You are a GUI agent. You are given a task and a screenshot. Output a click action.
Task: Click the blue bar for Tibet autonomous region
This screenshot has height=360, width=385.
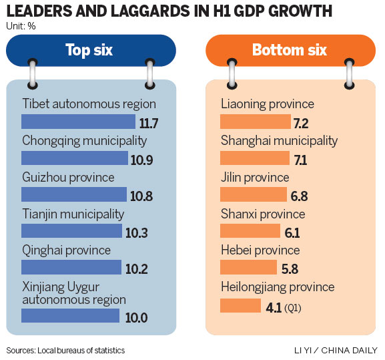click(x=78, y=121)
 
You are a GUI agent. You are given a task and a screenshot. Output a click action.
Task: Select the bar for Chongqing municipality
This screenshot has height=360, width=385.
click(x=74, y=158)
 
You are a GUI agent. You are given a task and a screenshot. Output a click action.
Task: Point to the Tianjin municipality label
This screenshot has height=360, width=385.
click(x=73, y=214)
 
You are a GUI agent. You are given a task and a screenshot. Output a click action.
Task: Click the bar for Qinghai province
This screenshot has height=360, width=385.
click(x=71, y=267)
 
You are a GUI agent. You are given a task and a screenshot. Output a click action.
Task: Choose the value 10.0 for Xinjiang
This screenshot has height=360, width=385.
click(x=136, y=318)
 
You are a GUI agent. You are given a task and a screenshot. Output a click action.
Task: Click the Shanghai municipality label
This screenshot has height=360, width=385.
click(x=279, y=141)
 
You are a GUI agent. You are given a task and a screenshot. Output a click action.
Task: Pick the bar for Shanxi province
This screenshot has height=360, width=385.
click(x=250, y=231)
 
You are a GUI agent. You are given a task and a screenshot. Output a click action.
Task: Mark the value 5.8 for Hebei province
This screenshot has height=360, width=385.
click(x=290, y=269)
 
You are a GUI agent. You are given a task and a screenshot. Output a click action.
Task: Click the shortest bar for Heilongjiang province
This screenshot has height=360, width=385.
click(x=240, y=305)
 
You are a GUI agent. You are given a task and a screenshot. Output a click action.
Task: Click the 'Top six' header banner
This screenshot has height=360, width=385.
click(x=91, y=50)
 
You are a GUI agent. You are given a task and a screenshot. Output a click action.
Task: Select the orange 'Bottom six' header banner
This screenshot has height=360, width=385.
click(x=289, y=50)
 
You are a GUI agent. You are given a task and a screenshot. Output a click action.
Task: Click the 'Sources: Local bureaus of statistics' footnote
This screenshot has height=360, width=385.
click(x=65, y=350)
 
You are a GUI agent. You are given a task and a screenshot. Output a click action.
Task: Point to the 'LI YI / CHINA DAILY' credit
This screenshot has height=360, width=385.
click(x=336, y=350)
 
